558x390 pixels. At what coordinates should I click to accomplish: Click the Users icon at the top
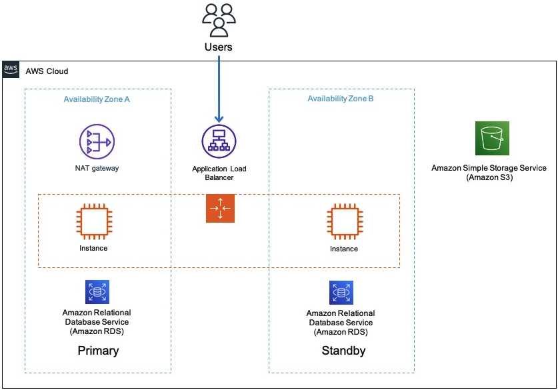coord(219,20)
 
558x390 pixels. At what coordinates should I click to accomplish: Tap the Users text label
coord(219,47)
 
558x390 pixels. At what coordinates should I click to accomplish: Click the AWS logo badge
coord(11,69)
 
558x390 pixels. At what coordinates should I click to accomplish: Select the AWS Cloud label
coord(47,71)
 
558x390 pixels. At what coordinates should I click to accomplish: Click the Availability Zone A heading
coord(97,99)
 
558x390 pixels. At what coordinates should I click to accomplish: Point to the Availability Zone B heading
coord(341,99)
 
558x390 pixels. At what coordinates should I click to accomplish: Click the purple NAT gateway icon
coord(97,141)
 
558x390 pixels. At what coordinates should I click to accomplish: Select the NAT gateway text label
coord(97,168)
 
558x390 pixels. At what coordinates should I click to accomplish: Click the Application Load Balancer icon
coord(219,141)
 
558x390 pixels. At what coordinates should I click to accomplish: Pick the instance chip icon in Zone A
coord(93,222)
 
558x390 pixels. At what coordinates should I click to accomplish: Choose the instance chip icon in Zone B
coord(343,222)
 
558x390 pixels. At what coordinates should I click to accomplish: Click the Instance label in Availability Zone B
coord(343,249)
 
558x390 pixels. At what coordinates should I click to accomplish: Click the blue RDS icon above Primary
coord(97,292)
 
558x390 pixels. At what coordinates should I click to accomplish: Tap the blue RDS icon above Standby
coord(341,292)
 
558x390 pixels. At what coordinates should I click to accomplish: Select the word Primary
coord(98,351)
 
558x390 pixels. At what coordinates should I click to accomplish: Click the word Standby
coord(343,351)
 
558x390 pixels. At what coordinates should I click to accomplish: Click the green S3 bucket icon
coord(492,138)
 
